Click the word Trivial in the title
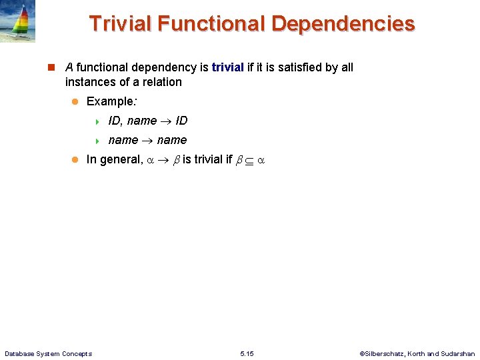[x=123, y=23]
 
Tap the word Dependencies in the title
[x=343, y=23]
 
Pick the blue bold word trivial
[x=227, y=67]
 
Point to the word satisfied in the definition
[x=289, y=67]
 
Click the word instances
[x=90, y=82]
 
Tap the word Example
[x=111, y=101]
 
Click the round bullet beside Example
[x=75, y=101]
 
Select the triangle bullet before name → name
[x=97, y=141]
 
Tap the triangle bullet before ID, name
[x=97, y=121]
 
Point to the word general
[x=119, y=159]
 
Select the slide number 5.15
[x=247, y=353]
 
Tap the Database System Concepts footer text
[x=48, y=353]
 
